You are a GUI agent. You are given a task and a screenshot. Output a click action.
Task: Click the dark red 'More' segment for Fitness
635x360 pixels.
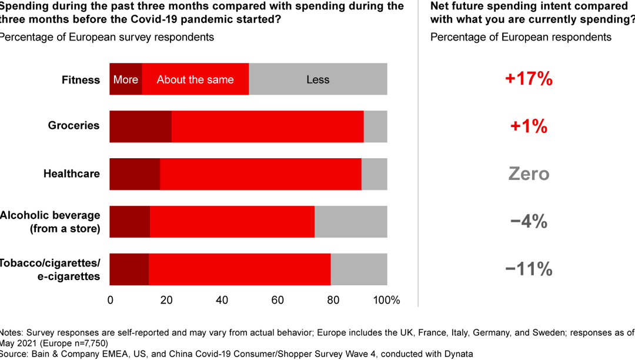click(126, 79)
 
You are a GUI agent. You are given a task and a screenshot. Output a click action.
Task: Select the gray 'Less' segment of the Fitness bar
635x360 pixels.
click(317, 79)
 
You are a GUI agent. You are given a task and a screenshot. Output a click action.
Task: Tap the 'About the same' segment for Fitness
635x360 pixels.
click(195, 79)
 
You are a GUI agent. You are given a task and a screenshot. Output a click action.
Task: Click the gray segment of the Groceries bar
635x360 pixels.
click(375, 126)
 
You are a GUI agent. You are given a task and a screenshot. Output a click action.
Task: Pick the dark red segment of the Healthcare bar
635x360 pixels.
click(135, 174)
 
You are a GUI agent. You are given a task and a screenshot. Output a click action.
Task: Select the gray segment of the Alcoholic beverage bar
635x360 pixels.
click(350, 222)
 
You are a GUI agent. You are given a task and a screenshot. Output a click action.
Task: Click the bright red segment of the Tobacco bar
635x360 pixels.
click(239, 269)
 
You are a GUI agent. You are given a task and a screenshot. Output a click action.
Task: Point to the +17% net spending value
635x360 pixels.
click(529, 79)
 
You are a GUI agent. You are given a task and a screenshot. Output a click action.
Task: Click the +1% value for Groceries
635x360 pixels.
click(529, 126)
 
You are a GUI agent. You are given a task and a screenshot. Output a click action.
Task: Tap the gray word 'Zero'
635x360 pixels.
click(529, 174)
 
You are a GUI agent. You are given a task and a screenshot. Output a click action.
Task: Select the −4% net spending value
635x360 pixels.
click(529, 222)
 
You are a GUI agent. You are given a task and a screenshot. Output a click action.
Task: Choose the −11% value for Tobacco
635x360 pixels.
click(529, 269)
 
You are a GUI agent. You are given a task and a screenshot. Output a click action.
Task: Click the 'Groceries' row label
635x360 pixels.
click(73, 125)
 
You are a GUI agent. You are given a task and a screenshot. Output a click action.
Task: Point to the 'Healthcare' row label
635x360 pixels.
click(71, 174)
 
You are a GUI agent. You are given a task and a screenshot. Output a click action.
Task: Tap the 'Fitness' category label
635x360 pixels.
click(81, 80)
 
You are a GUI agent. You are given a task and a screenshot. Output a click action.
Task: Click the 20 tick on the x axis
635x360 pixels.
click(166, 300)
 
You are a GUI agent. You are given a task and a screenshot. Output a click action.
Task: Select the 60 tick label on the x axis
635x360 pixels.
click(277, 300)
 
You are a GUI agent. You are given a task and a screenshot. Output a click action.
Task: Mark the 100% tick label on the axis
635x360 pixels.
click(386, 300)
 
